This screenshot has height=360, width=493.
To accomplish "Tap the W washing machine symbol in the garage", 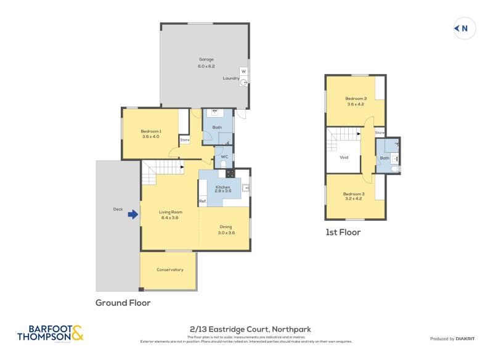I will pos(243,72).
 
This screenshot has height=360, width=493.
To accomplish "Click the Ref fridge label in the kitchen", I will pos(202,202).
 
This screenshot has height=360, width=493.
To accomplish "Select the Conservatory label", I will pos(169,269).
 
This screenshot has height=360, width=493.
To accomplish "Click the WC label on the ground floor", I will pos(225,157).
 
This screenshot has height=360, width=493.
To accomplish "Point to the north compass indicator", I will pos(464,28).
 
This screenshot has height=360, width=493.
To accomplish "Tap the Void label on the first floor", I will pos(344,157).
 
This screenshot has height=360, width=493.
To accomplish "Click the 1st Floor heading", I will pos(343,232).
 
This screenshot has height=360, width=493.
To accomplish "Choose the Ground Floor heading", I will pos(123,303).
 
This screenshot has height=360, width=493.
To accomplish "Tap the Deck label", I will pos(118,209).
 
